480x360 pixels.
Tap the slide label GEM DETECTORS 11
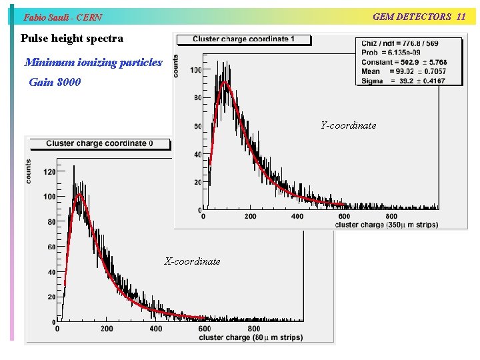pos(419,17)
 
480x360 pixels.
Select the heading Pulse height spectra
pos(72,39)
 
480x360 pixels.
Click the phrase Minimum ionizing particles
pos(93,63)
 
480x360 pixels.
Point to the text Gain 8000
pos(55,83)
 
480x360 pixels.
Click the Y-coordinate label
pos(348,125)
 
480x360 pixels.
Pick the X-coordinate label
pos(192,261)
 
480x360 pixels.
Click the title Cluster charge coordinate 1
pos(243,39)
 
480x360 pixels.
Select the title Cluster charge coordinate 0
pos(99,143)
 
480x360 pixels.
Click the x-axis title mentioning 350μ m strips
pos(386,225)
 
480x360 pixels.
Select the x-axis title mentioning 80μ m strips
pos(250,337)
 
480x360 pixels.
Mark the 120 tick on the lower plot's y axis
pos(49,172)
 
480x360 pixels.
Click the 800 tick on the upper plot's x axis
pos(391,216)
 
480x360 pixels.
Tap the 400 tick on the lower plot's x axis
pos(155,329)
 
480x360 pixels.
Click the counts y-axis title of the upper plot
pos(176,65)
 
